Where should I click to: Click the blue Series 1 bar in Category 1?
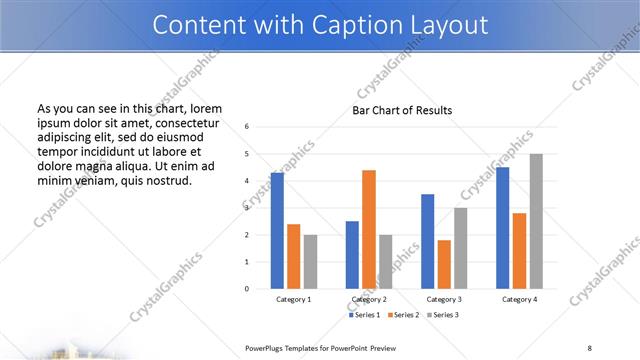(277, 230)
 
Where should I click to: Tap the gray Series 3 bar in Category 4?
(536, 221)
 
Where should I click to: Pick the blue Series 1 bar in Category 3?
(428, 241)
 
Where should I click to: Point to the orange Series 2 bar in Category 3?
(444, 264)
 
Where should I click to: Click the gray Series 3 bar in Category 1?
(310, 261)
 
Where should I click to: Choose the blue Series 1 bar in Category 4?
(503, 227)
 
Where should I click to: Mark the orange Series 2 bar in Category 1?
(294, 256)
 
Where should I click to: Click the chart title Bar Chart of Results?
(402, 110)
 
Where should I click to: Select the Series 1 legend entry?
(364, 315)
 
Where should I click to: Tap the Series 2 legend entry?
(401, 315)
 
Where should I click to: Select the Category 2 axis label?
(369, 299)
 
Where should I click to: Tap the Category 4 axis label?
(519, 299)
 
